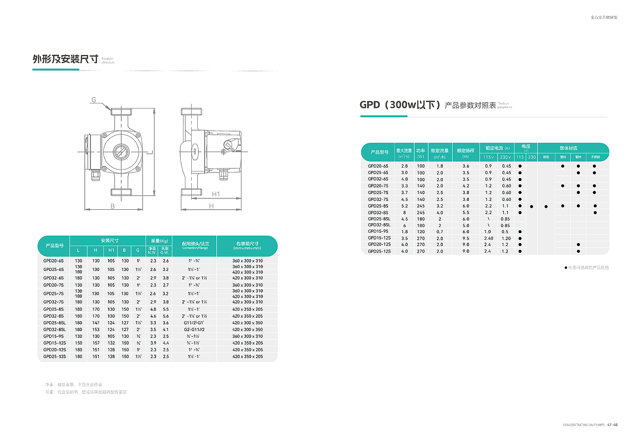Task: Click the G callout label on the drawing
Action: [x=93, y=100]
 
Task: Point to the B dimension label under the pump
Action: [x=113, y=206]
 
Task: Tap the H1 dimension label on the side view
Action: [x=216, y=194]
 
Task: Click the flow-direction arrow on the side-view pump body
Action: [x=195, y=148]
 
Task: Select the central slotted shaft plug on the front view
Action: [x=121, y=152]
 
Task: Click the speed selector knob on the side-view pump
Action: [x=230, y=145]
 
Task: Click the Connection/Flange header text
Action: [x=194, y=248]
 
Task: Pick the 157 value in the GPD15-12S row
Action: [x=96, y=343]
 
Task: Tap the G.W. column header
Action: [x=165, y=253]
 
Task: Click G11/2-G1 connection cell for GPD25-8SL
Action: [x=194, y=323]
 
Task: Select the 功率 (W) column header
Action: [x=421, y=153]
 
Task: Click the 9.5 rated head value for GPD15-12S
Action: [x=466, y=238]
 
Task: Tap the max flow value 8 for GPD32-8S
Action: [x=404, y=212]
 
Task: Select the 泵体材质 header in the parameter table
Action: [x=568, y=148]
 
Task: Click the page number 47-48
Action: [x=612, y=425]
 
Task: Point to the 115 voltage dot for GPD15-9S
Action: [x=520, y=232]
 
